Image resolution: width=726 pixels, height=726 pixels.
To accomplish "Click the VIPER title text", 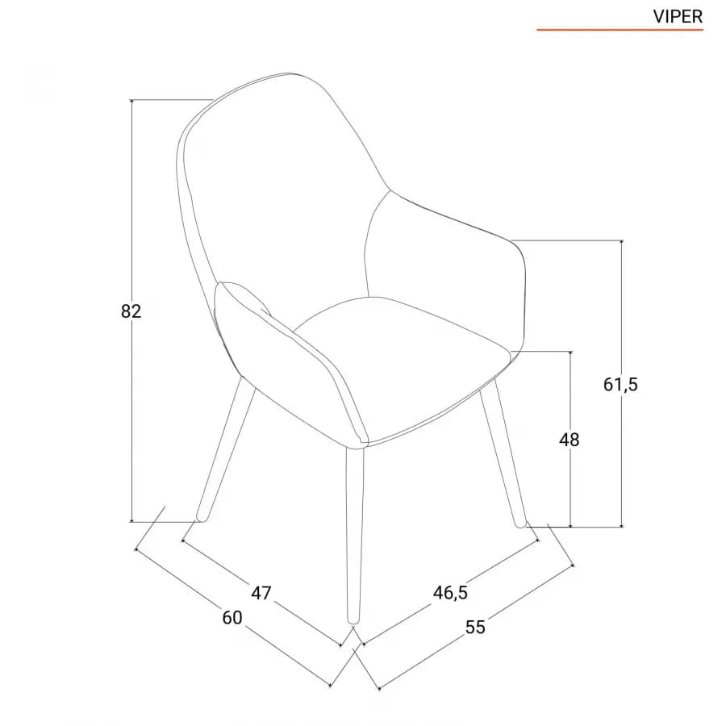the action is coord(678,17).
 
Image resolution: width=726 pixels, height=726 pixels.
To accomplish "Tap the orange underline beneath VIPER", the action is coord(620,30).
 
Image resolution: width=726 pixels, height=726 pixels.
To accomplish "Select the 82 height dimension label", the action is coord(131,311).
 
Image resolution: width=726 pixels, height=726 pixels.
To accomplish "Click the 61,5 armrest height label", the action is coord(620,384).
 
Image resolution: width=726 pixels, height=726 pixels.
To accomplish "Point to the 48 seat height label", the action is coord(569,440).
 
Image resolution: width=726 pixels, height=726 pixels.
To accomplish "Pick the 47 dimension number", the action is coord(261,593).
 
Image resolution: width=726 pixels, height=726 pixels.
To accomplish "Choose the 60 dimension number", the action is coord(232,618).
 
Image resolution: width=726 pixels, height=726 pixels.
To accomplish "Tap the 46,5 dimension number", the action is coord(450,593).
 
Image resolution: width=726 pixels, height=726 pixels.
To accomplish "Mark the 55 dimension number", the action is coord(475,628).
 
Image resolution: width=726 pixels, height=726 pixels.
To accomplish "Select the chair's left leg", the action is coord(226,449).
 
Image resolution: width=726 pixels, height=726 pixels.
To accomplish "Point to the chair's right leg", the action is coord(503,453).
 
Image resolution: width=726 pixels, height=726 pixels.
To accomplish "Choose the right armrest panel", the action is coord(449,269).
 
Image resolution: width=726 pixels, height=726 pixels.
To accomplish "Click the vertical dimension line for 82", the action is coord(132,311).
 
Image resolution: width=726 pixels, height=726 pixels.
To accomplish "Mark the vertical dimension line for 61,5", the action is coord(621,383).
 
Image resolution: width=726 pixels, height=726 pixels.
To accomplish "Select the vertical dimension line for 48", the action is coord(570,439).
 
